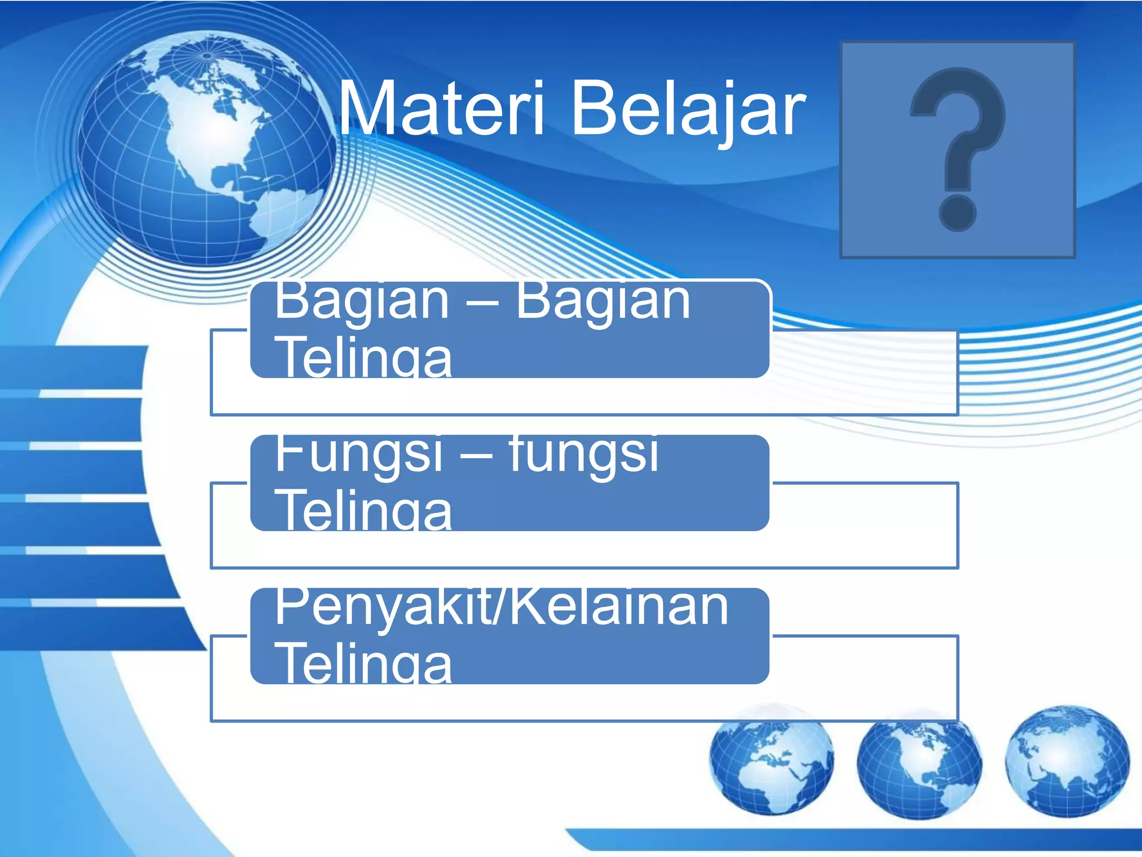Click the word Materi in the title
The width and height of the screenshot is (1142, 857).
(441, 109)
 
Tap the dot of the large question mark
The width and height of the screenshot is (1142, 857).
(957, 213)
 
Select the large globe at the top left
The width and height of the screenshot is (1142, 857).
(206, 148)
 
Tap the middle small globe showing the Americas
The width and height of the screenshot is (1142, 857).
(919, 767)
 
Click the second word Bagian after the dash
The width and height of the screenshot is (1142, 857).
(602, 301)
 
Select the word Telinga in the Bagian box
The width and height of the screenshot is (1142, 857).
(365, 357)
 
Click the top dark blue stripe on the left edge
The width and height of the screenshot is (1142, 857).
(72, 365)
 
